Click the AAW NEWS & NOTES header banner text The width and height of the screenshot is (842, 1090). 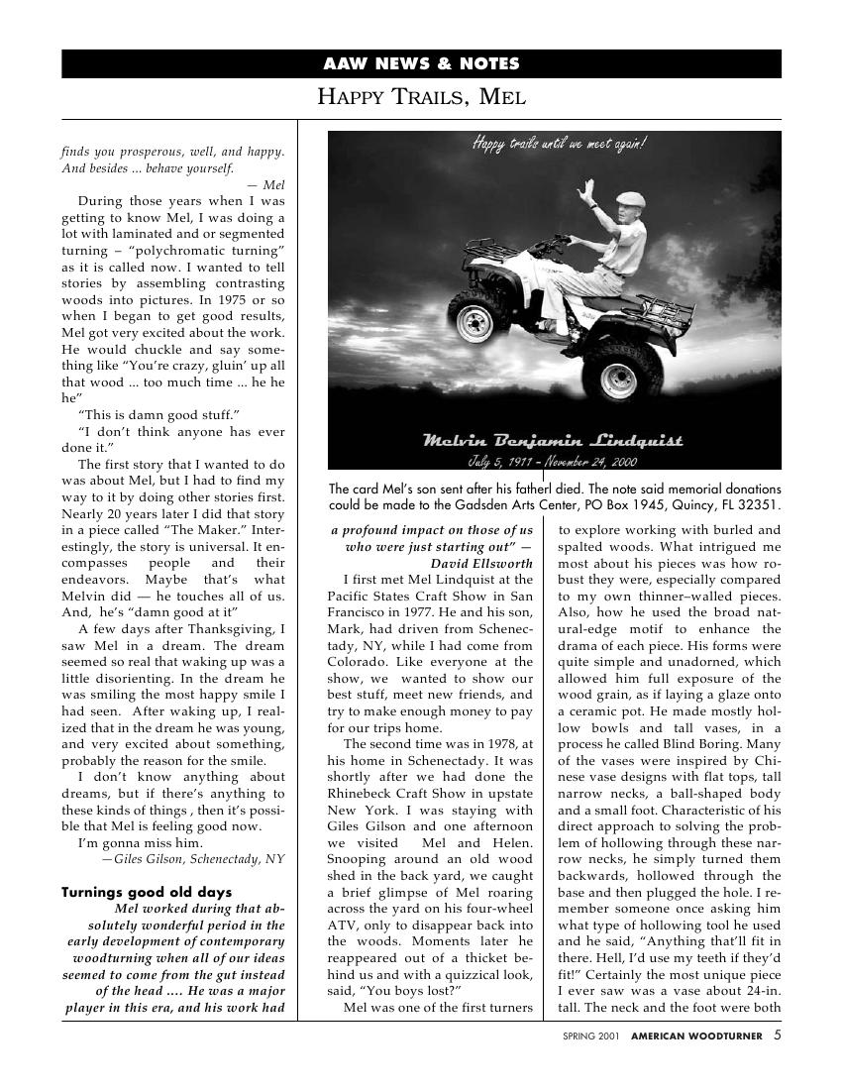tap(421, 64)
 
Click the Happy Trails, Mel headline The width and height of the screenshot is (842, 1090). tap(421, 97)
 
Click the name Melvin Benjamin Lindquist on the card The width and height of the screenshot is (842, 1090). tap(553, 440)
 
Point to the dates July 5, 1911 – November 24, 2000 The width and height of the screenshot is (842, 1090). tap(553, 461)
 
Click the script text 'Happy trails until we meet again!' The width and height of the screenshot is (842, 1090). tap(560, 145)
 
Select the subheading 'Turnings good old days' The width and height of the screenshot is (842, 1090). tap(147, 892)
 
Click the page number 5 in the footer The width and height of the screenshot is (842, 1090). tap(777, 1035)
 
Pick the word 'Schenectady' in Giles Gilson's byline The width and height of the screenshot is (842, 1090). tap(226, 859)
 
